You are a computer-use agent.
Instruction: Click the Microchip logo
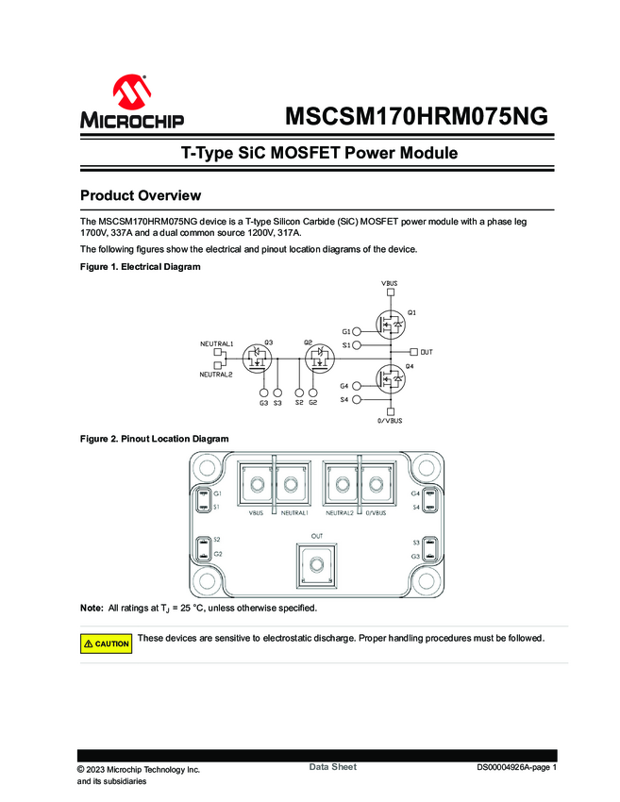(132, 103)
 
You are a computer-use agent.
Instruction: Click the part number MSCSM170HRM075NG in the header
(415, 118)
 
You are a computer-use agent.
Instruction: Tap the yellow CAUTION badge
(106, 643)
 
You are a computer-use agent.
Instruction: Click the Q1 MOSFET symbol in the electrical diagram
(390, 326)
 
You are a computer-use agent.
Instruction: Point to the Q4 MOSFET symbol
(390, 379)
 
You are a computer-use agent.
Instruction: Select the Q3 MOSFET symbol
(258, 359)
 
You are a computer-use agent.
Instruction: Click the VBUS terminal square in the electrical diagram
(391, 292)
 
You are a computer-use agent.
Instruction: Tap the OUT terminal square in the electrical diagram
(415, 352)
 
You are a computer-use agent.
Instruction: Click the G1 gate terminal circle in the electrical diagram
(357, 331)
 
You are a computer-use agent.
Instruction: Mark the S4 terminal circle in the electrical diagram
(357, 400)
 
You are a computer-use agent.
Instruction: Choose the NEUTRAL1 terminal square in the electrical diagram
(218, 352)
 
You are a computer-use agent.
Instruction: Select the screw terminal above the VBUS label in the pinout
(256, 486)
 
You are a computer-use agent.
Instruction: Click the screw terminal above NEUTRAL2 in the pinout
(341, 486)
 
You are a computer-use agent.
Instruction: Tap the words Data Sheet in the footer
(333, 767)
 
